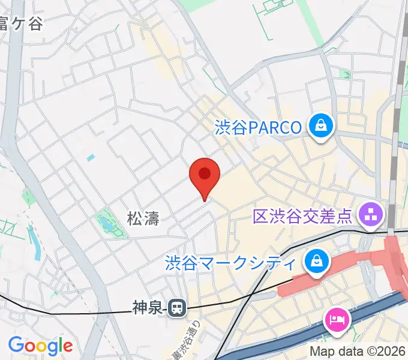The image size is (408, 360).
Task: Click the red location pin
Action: click(x=205, y=175)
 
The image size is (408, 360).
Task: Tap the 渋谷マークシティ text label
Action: click(x=231, y=262)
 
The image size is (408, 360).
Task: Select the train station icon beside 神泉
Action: click(x=176, y=308)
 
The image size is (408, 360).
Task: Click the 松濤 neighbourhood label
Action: click(x=143, y=218)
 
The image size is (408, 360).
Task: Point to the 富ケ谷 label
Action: click(x=20, y=25)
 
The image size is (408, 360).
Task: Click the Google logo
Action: click(x=40, y=345)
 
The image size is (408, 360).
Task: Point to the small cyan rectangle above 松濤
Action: click(x=90, y=158)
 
